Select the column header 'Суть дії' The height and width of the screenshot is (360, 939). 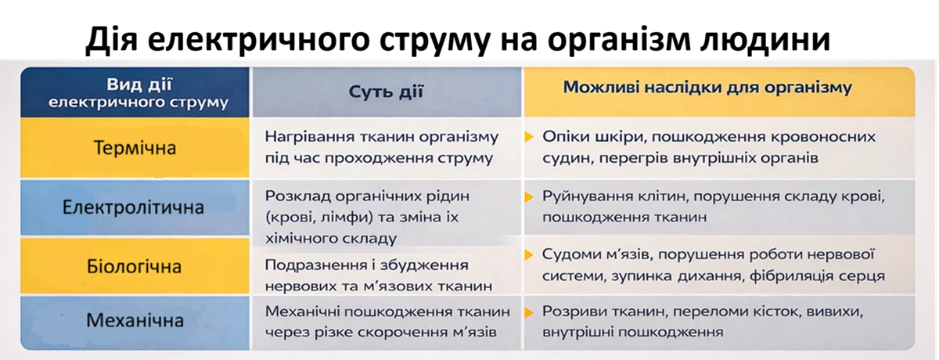386,91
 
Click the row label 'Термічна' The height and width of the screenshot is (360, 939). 135,148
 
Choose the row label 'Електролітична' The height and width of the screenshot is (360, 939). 134,207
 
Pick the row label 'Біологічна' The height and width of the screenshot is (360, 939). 134,266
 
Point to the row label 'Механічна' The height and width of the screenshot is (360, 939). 135,321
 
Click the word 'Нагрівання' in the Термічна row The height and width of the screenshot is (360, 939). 304,137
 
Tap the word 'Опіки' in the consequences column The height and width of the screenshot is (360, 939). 563,137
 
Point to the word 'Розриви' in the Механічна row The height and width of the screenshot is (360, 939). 573,311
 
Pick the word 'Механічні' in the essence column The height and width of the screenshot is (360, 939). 300,311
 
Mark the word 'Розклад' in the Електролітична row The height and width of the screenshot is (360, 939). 293,196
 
